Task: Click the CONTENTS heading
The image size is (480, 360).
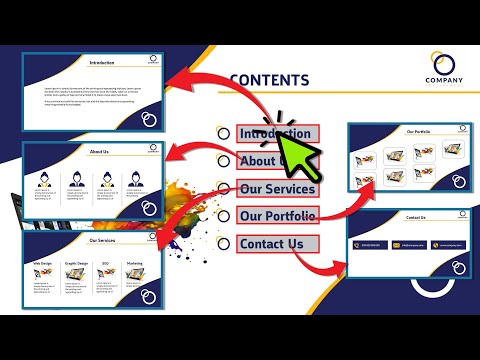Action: point(270,81)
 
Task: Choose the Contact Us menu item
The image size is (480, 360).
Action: point(271,244)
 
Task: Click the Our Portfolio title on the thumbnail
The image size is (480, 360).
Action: point(417,131)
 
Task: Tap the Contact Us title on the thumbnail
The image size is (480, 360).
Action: point(415,218)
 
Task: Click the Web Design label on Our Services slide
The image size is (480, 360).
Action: point(42,263)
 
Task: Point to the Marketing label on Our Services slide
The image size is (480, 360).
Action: point(135,263)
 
